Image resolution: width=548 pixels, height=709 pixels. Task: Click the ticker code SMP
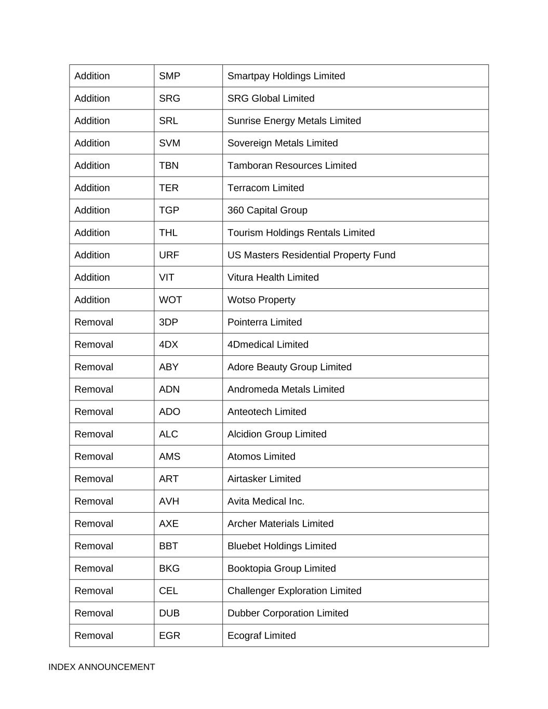(x=169, y=76)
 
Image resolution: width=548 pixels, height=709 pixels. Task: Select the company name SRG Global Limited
(x=271, y=99)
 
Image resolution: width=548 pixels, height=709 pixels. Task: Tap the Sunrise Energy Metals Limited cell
(x=294, y=121)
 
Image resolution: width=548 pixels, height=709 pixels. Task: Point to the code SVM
(x=169, y=143)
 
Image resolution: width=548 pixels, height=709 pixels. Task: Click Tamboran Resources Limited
(x=292, y=166)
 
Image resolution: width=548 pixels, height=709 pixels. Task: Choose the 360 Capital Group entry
(x=267, y=210)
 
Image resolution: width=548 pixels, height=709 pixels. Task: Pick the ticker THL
(x=168, y=233)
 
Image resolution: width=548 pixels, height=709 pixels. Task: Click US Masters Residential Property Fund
(x=311, y=255)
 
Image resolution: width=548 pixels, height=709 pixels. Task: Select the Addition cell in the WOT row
(x=92, y=300)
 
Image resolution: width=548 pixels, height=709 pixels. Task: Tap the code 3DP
(x=168, y=322)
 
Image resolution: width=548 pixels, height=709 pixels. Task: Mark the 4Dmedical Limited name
(x=268, y=344)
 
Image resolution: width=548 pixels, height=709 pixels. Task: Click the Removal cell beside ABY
(x=93, y=367)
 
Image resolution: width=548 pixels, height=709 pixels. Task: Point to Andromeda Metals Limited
(x=286, y=389)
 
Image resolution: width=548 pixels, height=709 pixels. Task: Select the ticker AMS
(x=169, y=457)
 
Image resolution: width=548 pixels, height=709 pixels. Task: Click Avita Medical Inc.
(x=265, y=501)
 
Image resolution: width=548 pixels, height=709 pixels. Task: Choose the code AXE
(x=168, y=524)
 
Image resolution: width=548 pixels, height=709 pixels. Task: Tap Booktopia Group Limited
(x=281, y=568)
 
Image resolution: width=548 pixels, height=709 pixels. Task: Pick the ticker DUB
(x=169, y=613)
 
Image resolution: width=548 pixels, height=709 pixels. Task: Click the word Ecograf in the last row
(x=244, y=636)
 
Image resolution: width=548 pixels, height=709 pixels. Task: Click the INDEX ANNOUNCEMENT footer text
(x=101, y=667)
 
